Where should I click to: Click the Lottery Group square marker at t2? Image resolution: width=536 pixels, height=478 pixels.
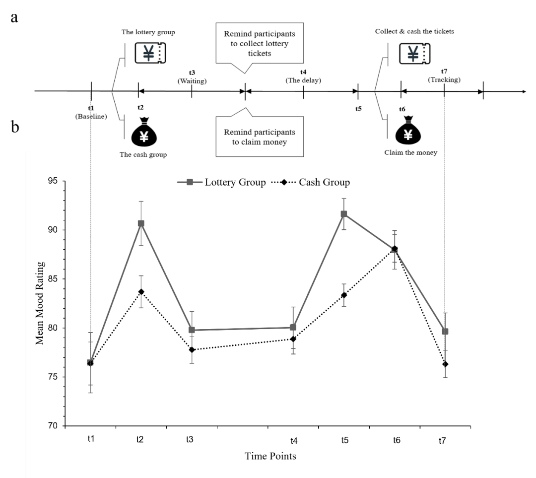[141, 223]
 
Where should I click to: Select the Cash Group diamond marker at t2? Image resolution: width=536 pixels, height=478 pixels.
[141, 292]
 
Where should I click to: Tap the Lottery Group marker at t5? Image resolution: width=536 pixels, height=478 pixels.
[343, 214]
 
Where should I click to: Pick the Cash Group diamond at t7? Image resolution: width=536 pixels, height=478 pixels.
[445, 364]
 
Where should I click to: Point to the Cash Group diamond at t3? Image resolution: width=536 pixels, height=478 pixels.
[192, 350]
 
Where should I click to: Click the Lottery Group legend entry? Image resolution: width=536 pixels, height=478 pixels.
[221, 182]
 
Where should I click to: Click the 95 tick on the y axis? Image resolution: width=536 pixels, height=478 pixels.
[53, 181]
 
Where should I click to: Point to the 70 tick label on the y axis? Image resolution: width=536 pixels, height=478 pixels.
[53, 426]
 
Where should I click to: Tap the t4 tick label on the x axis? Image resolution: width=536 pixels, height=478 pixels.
[294, 440]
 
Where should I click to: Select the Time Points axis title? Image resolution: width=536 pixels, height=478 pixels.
[270, 456]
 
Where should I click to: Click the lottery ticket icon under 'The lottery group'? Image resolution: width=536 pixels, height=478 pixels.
[150, 52]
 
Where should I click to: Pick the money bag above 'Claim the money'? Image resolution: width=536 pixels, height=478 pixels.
[408, 131]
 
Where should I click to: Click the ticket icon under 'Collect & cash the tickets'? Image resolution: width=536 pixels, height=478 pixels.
[414, 53]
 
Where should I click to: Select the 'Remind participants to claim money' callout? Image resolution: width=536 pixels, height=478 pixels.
[259, 137]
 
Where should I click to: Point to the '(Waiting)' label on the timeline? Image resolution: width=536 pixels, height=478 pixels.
[192, 80]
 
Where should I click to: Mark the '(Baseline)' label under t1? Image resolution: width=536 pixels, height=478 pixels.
[91, 116]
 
